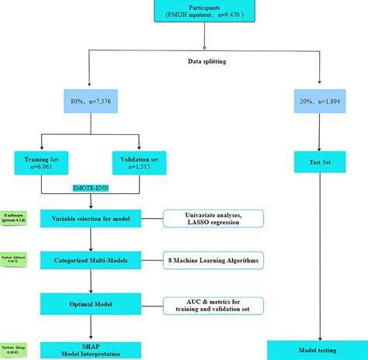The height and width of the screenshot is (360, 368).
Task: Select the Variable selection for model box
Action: click(92, 219)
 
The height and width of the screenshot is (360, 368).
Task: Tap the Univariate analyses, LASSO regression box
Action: click(212, 219)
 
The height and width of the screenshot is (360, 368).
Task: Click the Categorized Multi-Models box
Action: click(92, 261)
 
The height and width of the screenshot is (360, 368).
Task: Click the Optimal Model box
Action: click(92, 304)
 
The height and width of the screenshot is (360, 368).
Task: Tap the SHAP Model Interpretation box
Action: click(92, 349)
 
